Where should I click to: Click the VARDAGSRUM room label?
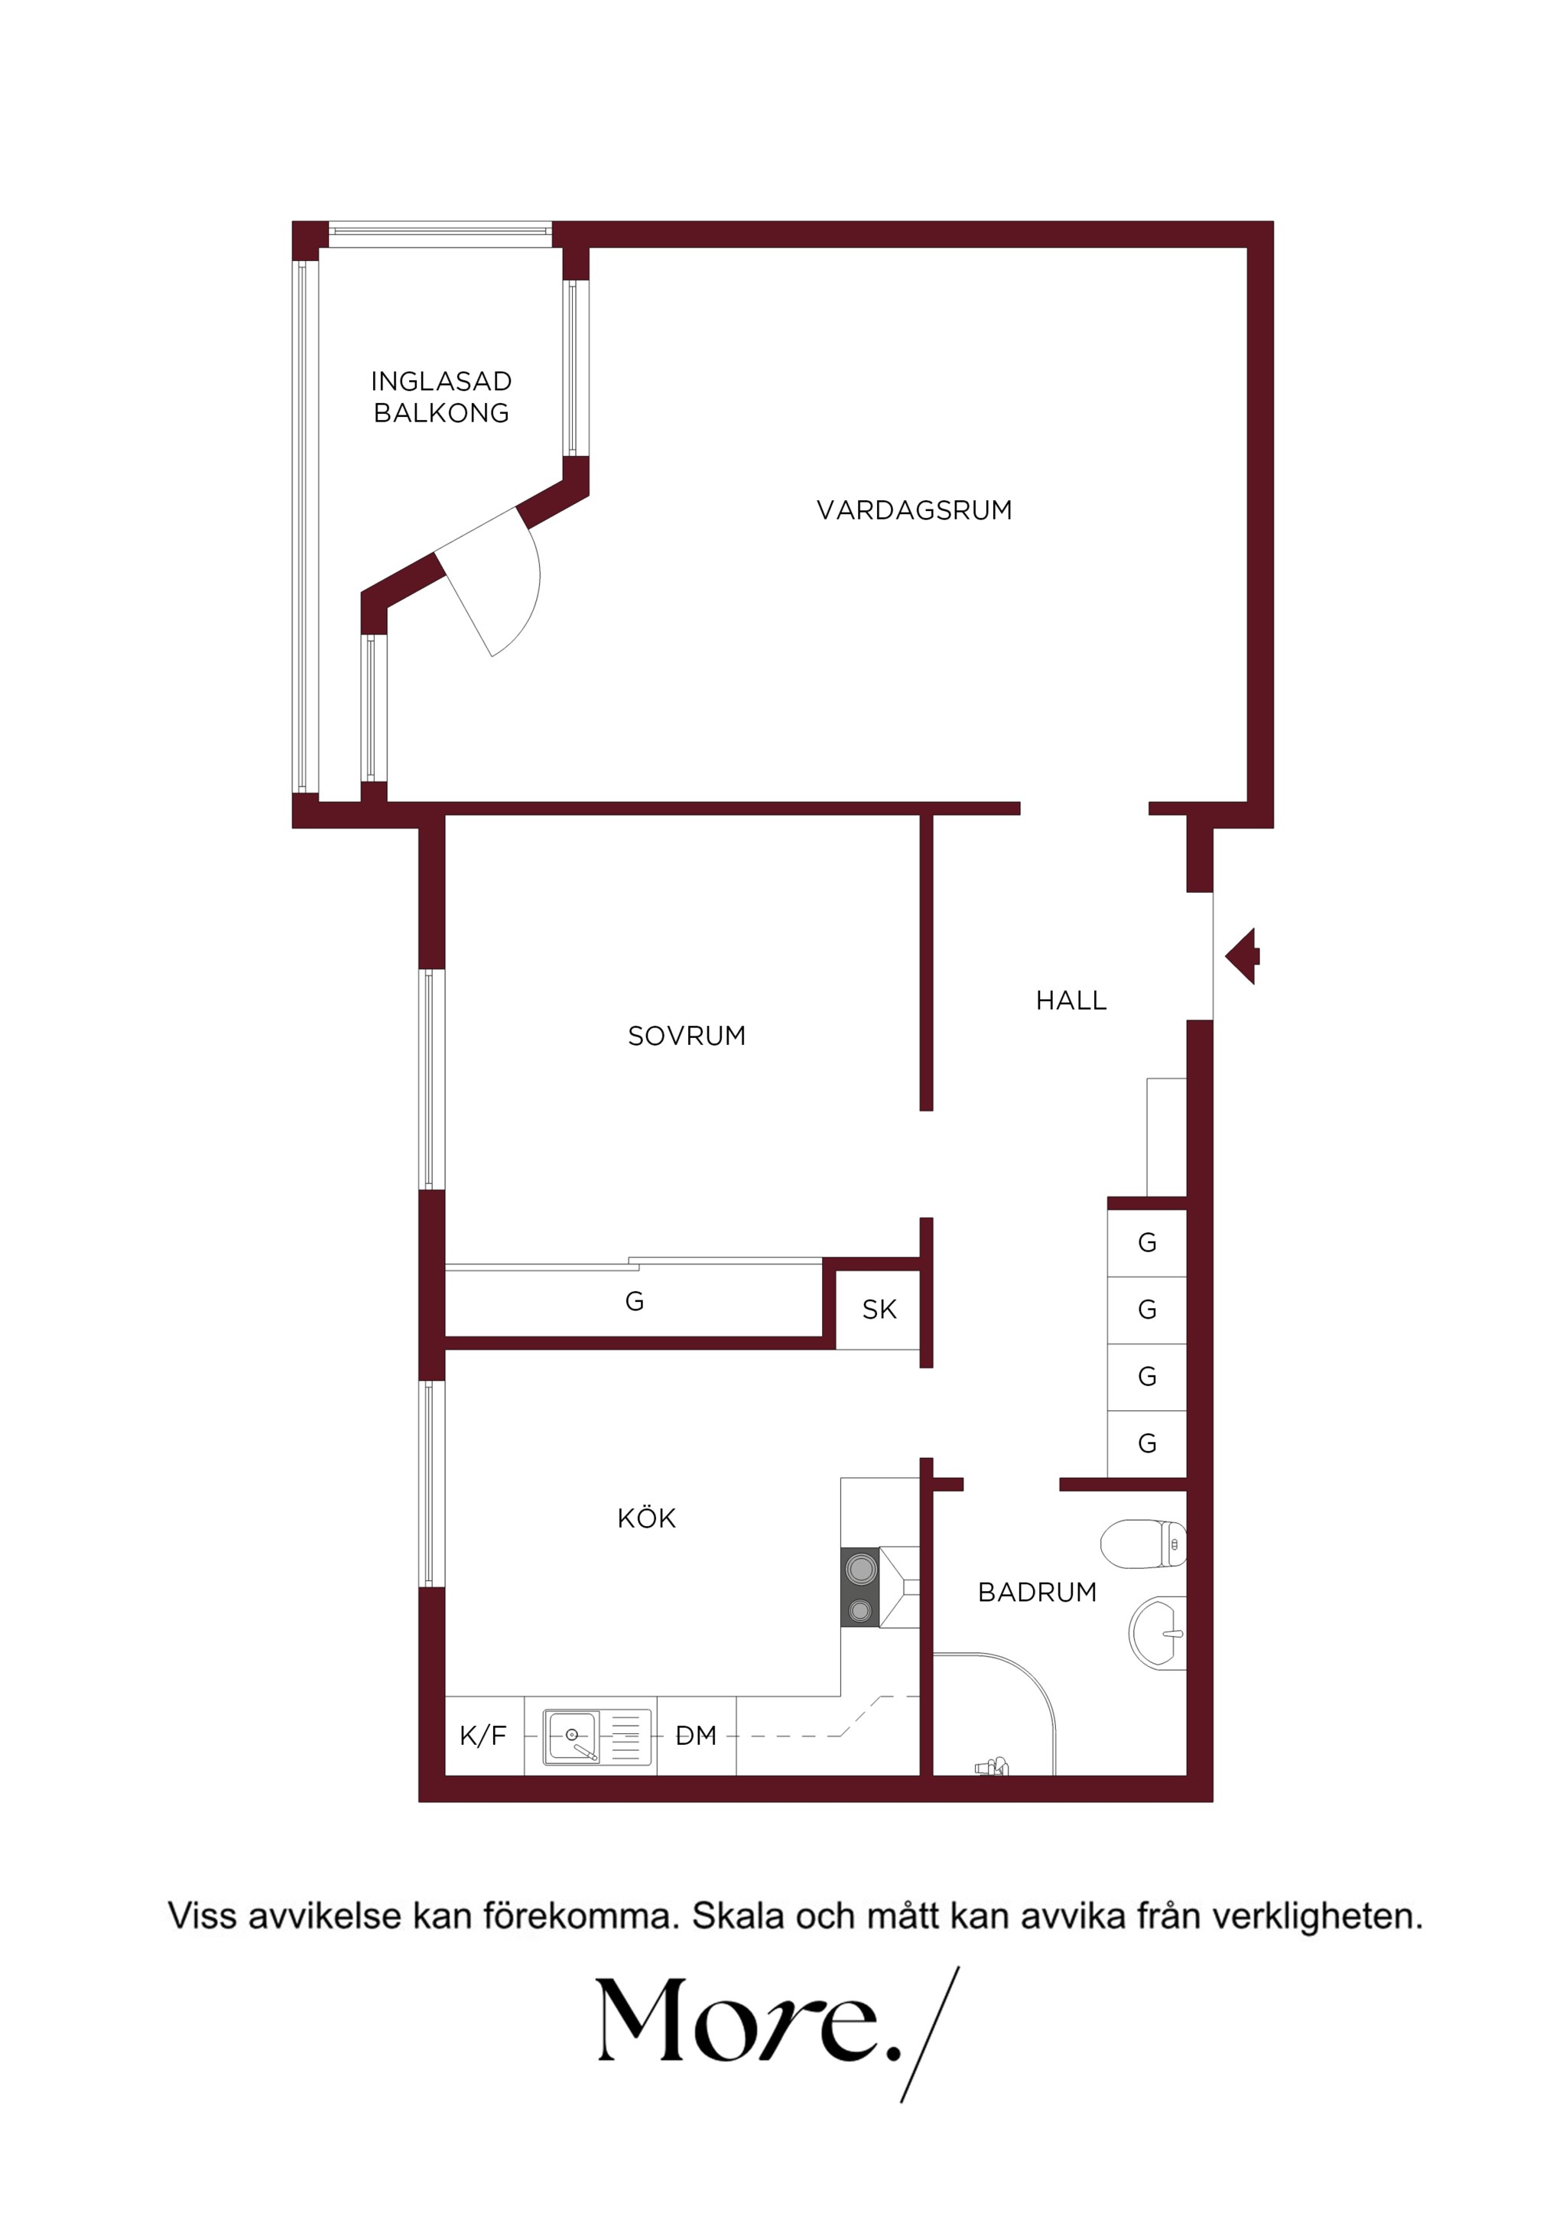coord(914,509)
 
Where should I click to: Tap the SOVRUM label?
coord(686,1036)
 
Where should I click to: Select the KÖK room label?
coord(645,1518)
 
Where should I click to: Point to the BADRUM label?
coord(1038,1592)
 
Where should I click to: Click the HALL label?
coord(1071,1000)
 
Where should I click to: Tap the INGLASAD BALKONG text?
coord(441,397)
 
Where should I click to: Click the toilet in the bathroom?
coord(1143,1544)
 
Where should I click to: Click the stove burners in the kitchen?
coord(859,1588)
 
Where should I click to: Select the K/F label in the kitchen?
coord(482,1736)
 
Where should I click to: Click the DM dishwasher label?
coord(696,1736)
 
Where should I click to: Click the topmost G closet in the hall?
coord(1147,1242)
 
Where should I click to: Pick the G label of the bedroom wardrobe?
coord(634,1301)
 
